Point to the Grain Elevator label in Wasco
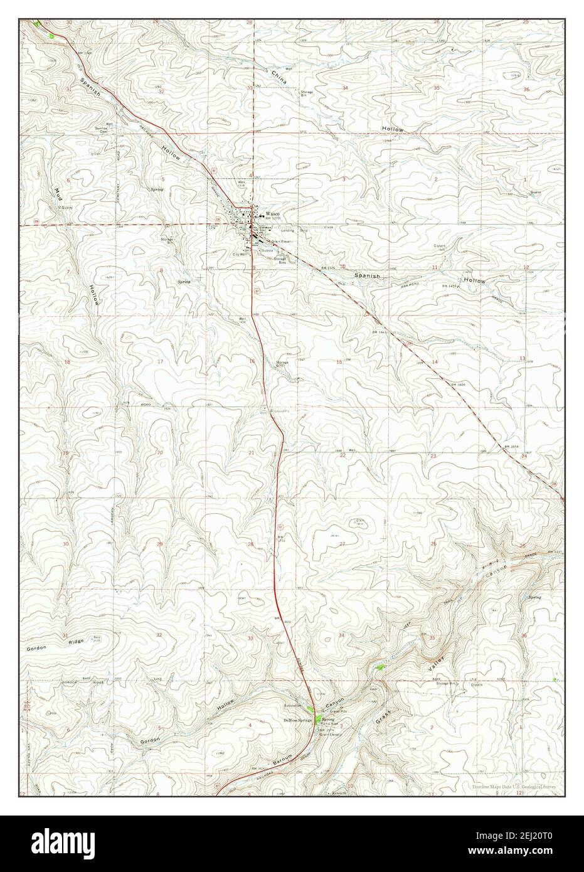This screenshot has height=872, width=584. [x=280, y=242]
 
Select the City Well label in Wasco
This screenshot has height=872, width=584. [x=240, y=254]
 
